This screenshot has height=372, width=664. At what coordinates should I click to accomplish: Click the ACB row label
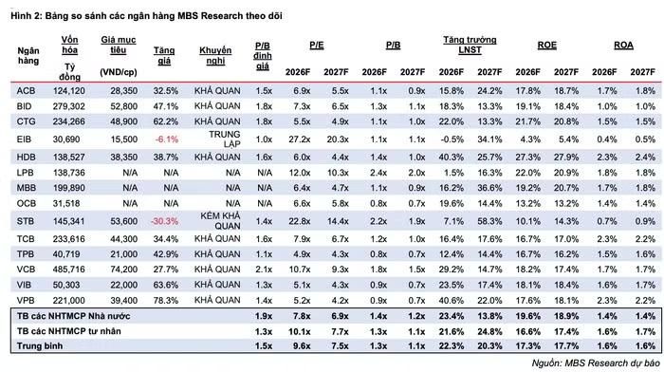26,91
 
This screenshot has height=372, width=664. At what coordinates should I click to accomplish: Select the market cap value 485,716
68,270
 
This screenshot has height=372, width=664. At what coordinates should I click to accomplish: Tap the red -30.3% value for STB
165,221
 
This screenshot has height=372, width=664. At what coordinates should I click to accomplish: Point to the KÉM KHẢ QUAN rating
220,221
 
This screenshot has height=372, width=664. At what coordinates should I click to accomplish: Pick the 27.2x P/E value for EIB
300,139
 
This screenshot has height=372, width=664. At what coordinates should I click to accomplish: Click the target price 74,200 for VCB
123,270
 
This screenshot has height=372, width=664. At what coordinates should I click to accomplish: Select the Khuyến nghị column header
215,55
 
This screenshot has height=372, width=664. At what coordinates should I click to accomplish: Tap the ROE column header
547,46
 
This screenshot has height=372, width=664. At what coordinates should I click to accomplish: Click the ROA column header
624,46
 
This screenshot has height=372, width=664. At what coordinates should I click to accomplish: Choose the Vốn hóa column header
69,45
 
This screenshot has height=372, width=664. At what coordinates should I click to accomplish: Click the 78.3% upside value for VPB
166,301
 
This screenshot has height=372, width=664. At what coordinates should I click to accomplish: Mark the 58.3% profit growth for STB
489,221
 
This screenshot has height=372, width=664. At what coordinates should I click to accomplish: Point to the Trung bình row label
40,346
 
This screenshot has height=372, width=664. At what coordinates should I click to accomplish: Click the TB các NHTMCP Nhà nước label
74,316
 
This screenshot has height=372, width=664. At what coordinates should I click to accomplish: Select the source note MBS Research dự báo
596,363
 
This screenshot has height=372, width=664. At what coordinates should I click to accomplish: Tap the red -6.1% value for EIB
166,139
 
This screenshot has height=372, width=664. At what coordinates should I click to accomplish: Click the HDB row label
27,158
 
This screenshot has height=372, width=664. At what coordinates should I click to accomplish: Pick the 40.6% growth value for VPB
452,301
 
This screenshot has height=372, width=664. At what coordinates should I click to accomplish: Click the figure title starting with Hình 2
146,16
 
